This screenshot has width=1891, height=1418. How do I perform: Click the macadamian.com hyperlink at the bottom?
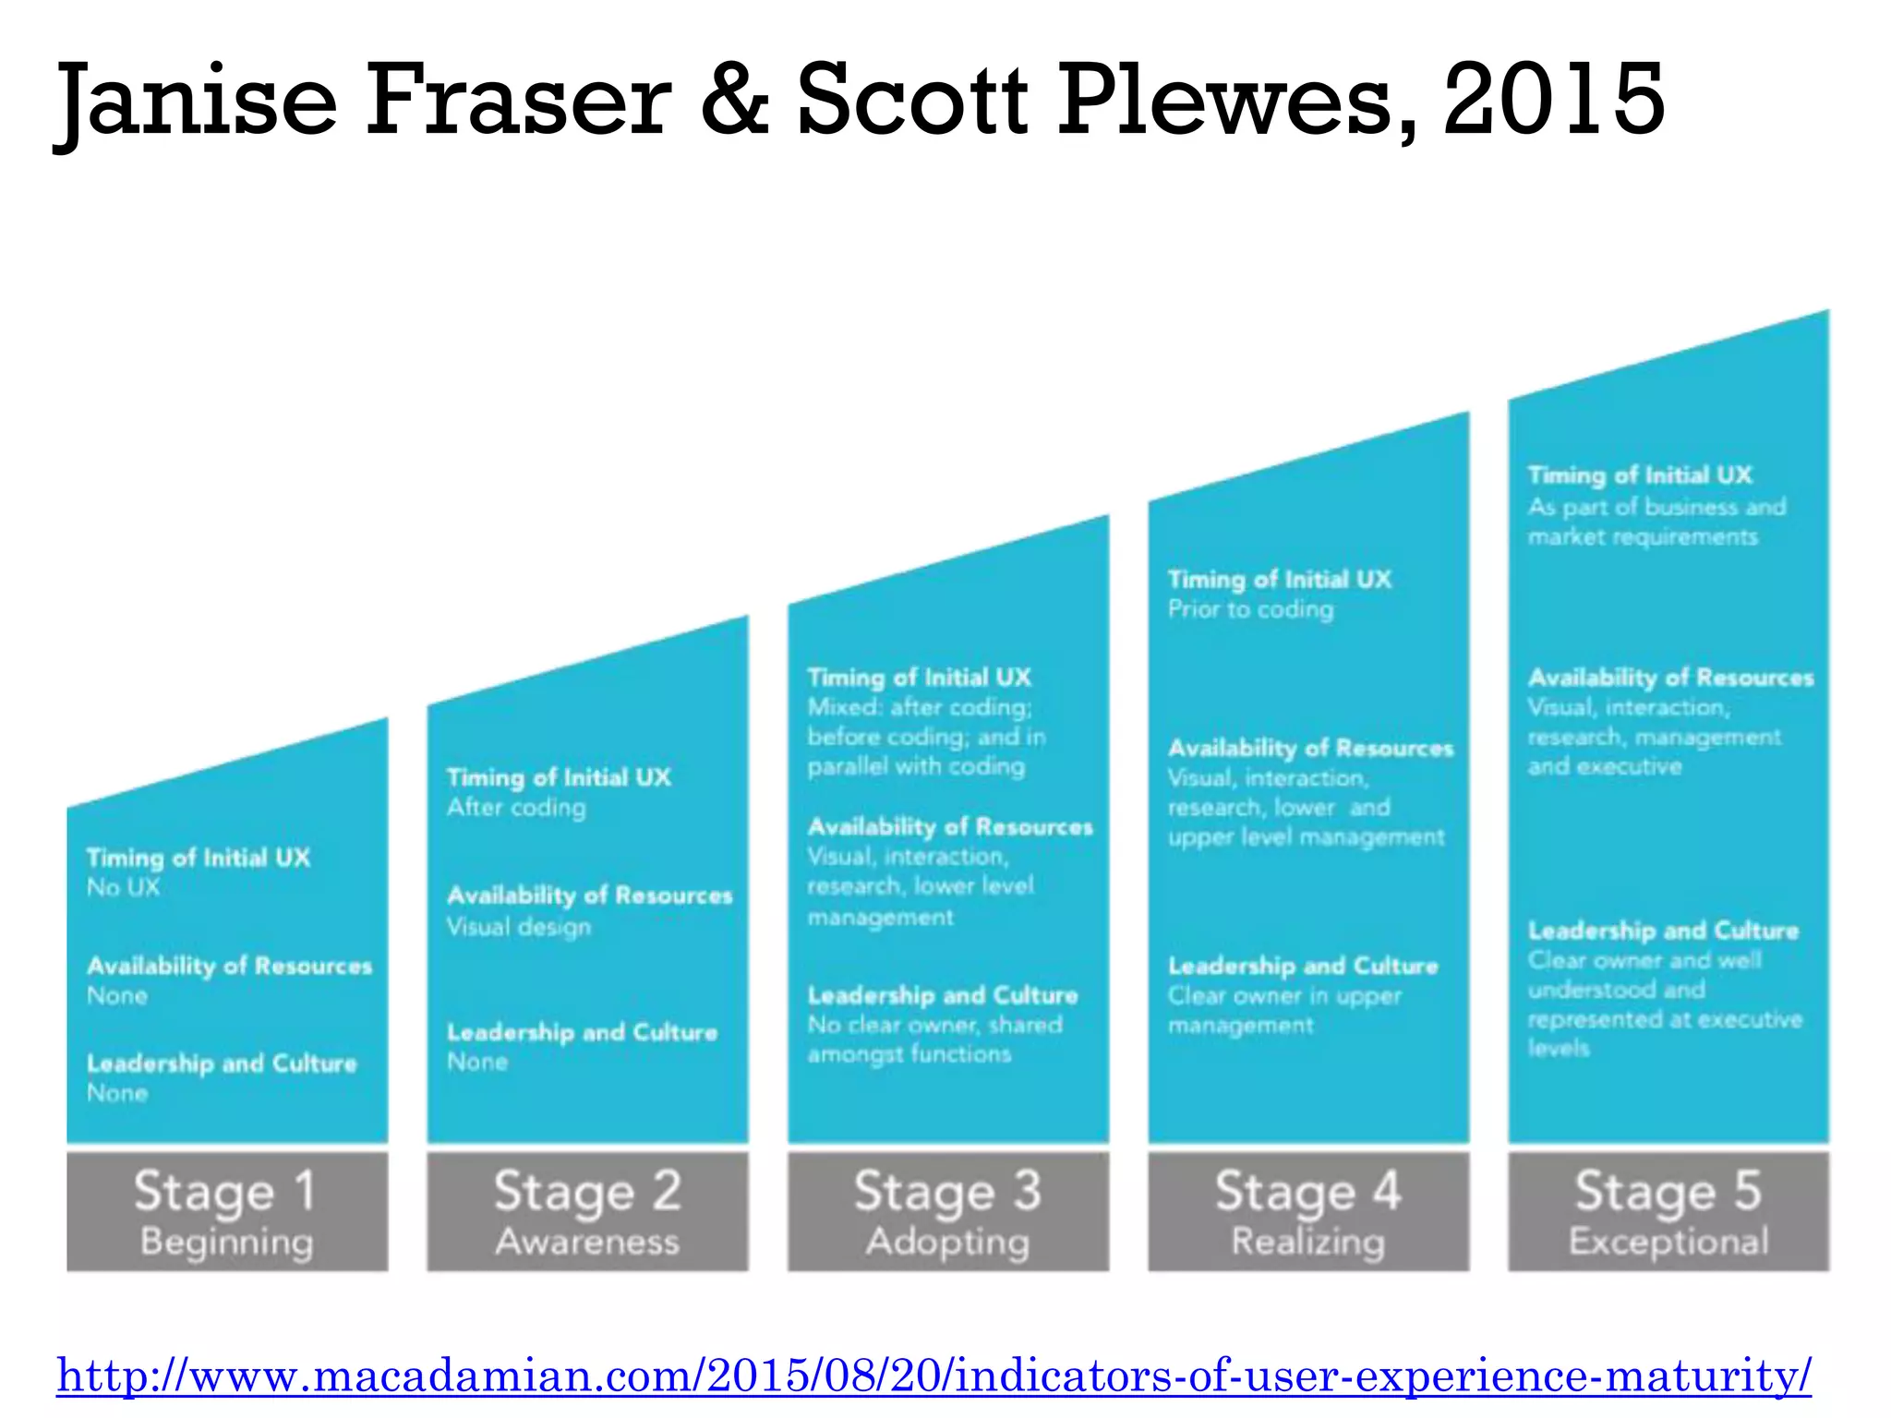(x=933, y=1376)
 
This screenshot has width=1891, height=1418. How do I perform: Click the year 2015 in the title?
(x=1555, y=99)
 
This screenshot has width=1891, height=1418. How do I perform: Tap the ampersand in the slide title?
(x=736, y=99)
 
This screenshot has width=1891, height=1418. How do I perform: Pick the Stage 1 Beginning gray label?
(x=227, y=1211)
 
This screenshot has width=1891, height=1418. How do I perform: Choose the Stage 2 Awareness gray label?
(x=587, y=1211)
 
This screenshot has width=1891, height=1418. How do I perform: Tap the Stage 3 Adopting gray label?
(x=947, y=1211)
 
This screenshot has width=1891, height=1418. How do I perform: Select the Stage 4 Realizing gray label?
(x=1308, y=1211)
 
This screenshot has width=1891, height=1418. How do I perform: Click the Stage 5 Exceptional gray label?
(x=1668, y=1211)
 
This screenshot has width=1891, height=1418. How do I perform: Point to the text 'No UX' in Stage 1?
(x=124, y=888)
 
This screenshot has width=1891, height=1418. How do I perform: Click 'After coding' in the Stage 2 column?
(x=516, y=808)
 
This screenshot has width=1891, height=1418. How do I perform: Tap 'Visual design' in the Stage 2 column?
(x=519, y=927)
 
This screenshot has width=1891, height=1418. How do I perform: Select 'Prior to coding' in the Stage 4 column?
(x=1250, y=609)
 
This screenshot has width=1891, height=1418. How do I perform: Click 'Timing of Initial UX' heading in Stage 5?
(x=1640, y=475)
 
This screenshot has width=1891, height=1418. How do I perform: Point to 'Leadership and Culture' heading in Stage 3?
(x=943, y=995)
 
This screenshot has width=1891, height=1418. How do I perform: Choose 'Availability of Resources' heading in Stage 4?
(x=1310, y=748)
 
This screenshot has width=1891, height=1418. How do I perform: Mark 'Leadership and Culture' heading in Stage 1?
(x=222, y=1063)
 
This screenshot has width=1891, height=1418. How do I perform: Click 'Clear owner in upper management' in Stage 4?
(x=1284, y=1011)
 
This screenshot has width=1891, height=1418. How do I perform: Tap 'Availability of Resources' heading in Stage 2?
(x=589, y=895)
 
